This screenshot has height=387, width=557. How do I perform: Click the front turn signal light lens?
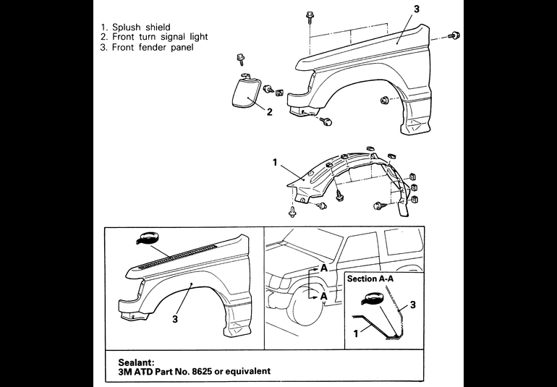click(x=245, y=92)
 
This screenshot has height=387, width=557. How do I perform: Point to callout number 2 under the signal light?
click(x=269, y=112)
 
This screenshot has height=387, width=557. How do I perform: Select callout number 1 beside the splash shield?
click(x=276, y=163)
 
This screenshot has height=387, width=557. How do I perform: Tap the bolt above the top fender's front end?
click(x=309, y=15)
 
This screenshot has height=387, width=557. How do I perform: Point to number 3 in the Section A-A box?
click(x=412, y=305)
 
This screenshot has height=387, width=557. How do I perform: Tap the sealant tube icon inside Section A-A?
click(x=374, y=298)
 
